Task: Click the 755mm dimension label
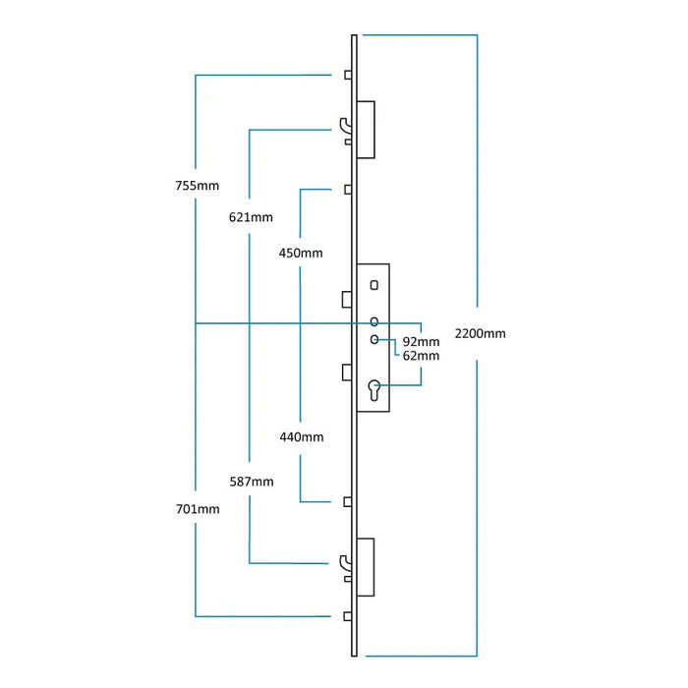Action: [197, 185]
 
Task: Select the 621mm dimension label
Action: [251, 216]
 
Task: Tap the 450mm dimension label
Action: [301, 253]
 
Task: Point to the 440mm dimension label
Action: [301, 437]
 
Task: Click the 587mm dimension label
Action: [251, 482]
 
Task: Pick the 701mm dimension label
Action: [197, 509]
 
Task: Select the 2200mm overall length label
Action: [480, 333]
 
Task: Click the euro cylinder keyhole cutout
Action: [374, 390]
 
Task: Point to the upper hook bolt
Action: [344, 128]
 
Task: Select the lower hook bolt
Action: [344, 563]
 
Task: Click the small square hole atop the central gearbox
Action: [374, 285]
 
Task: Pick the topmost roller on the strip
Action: [349, 75]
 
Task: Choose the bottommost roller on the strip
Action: [349, 616]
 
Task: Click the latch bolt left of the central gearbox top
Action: [348, 299]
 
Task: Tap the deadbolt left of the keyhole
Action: [348, 371]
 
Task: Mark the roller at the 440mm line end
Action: [349, 501]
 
